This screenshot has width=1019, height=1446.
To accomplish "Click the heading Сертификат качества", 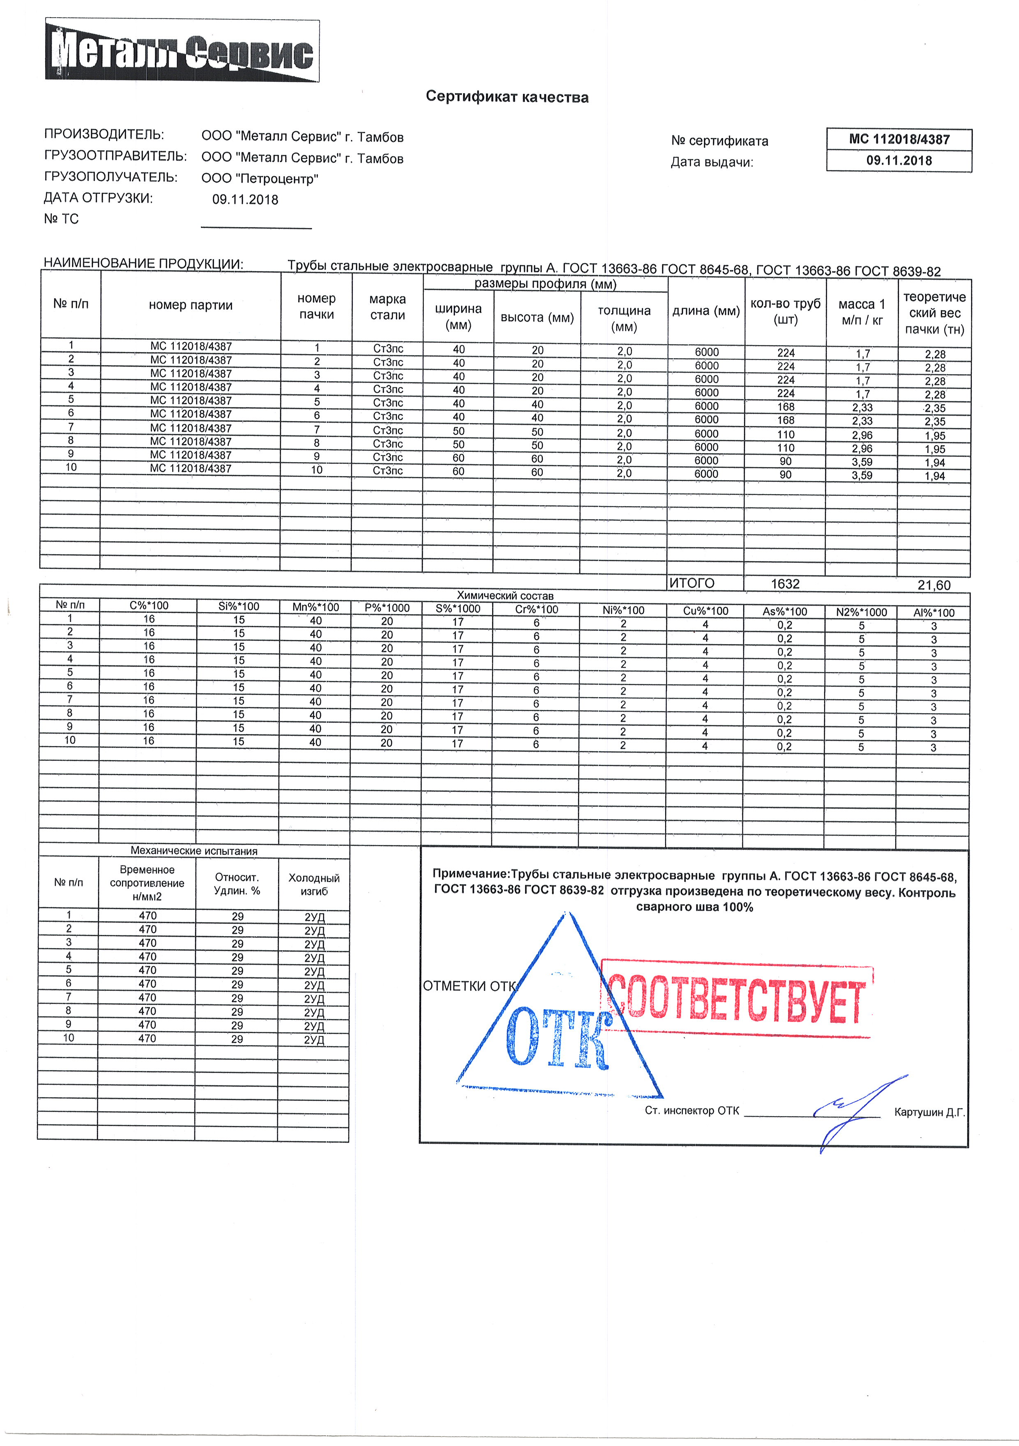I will pyautogui.click(x=507, y=97).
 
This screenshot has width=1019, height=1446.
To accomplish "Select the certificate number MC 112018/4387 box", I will pyautogui.click(x=899, y=139).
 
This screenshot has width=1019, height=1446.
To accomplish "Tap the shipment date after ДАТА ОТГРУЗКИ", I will pyautogui.click(x=245, y=200).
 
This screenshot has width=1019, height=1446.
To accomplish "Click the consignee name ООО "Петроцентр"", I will pyautogui.click(x=259, y=179).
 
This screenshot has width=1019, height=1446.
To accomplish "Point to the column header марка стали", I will pyautogui.click(x=387, y=307).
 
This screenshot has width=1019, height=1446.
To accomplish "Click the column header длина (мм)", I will pyautogui.click(x=706, y=311).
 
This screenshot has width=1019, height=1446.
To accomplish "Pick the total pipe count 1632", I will pyautogui.click(x=785, y=584).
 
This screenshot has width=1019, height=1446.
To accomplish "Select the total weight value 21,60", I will pyautogui.click(x=934, y=585).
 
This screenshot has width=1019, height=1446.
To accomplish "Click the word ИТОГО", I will pyautogui.click(x=692, y=583).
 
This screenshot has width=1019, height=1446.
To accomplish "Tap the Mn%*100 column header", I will pyautogui.click(x=316, y=607).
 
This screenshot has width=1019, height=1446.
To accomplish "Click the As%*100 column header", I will pyautogui.click(x=784, y=611).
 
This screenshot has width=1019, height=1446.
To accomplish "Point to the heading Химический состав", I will pyautogui.click(x=505, y=595).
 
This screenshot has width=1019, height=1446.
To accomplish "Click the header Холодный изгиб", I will pyautogui.click(x=314, y=884).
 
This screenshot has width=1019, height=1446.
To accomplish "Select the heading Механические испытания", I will pyautogui.click(x=194, y=851).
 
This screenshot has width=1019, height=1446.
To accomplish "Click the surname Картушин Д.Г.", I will pyautogui.click(x=929, y=1112).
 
